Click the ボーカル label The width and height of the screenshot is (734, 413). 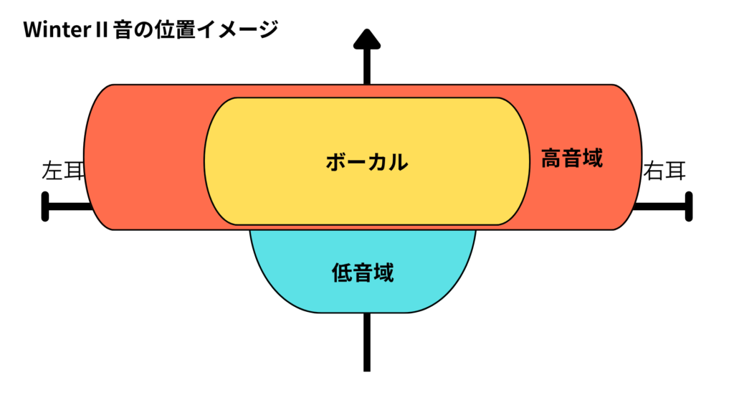(366, 161)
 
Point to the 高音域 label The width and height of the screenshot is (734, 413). (571, 158)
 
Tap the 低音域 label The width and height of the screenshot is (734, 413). (363, 272)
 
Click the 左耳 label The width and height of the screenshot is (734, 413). (63, 172)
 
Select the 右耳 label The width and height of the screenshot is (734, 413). (664, 172)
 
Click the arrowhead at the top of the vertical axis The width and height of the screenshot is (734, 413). (367, 39)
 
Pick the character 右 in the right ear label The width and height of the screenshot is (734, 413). (654, 172)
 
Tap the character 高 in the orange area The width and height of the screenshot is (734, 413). (551, 158)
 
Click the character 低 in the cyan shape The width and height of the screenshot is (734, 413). (342, 272)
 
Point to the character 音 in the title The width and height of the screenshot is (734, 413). (123, 30)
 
